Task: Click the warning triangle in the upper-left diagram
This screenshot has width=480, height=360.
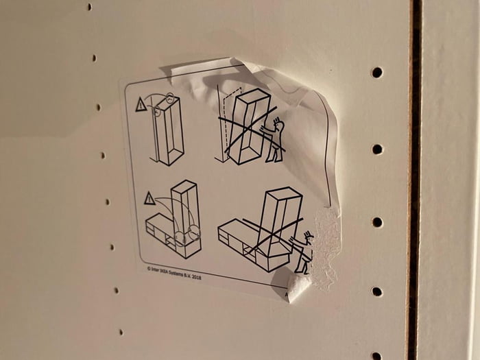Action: (141, 105)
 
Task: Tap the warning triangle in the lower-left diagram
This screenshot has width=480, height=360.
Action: (149, 199)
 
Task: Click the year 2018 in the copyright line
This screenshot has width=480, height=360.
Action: (196, 276)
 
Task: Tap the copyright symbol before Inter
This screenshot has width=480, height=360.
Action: (148, 269)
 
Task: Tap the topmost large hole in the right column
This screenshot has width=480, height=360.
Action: (376, 72)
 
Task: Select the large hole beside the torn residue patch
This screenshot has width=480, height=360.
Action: (376, 221)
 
